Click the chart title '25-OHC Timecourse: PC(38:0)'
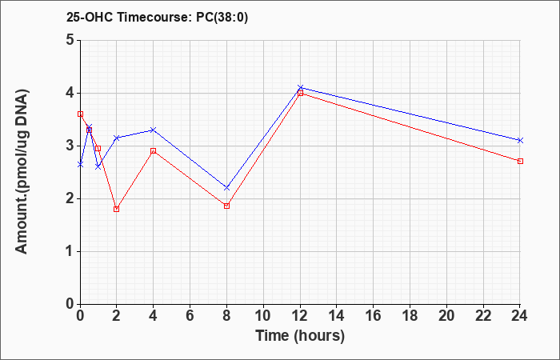pyautogui.click(x=157, y=17)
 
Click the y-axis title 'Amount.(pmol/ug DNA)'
pyautogui.click(x=22, y=172)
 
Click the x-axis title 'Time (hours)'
pyautogui.click(x=300, y=336)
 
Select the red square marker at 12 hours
pyautogui.click(x=300, y=94)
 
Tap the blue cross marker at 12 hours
pyautogui.click(x=300, y=87)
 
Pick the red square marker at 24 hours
pyautogui.click(x=520, y=161)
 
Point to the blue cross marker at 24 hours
pyautogui.click(x=520, y=140)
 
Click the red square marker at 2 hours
pyautogui.click(x=117, y=209)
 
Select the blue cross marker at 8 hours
pyautogui.click(x=226, y=187)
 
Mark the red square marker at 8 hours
pyautogui.click(x=226, y=206)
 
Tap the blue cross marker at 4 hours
pyautogui.click(x=154, y=130)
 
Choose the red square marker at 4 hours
pyautogui.click(x=154, y=150)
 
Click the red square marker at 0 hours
pyautogui.click(x=80, y=114)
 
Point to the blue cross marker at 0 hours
pyautogui.click(x=80, y=164)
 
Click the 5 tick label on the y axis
pyautogui.click(x=70, y=40)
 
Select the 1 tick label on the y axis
pyautogui.click(x=70, y=251)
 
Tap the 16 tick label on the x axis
pyautogui.click(x=374, y=316)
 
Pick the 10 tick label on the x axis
pyautogui.click(x=263, y=316)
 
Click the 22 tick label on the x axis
pyautogui.click(x=483, y=316)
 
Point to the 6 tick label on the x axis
pyautogui.click(x=190, y=316)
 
